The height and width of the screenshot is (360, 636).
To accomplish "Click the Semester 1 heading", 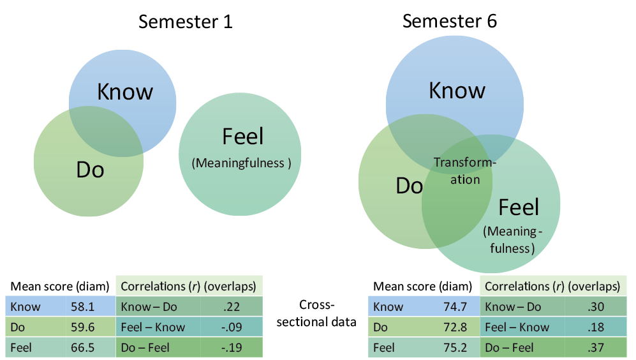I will click(186, 22).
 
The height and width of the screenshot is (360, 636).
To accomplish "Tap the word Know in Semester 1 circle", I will click(125, 91).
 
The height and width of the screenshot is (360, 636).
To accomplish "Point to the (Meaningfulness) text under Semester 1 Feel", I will click(241, 163).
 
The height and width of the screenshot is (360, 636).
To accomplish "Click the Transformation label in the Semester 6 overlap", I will click(465, 171).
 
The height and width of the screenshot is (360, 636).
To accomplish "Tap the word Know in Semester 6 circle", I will click(457, 90).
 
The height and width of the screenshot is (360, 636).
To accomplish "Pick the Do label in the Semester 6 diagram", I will click(410, 185).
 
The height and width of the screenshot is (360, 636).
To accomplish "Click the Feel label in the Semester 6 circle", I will click(519, 207).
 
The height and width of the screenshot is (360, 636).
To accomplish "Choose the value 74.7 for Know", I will click(455, 306).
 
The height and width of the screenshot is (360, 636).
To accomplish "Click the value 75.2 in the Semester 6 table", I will click(455, 348).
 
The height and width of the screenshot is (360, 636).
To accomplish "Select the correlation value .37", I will click(596, 348).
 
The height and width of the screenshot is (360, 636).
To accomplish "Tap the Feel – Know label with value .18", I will click(517, 327).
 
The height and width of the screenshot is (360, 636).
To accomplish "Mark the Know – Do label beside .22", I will click(148, 306).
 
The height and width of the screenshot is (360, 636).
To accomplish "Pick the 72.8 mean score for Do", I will click(455, 327).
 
